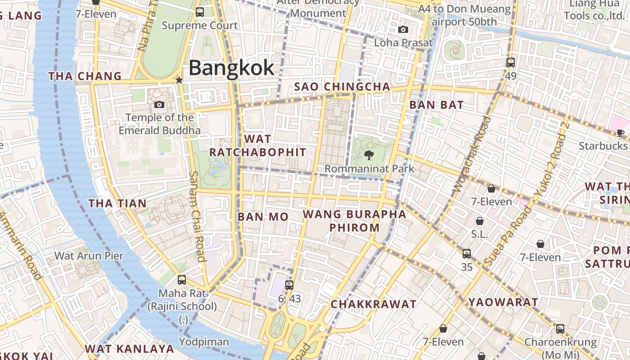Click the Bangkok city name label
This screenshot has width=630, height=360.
coord(231,68)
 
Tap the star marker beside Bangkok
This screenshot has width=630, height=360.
coord(179,80)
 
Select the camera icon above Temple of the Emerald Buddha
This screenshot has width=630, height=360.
coord(159,105)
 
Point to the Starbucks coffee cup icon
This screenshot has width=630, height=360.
coord(621,133)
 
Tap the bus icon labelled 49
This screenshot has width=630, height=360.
coord(510,63)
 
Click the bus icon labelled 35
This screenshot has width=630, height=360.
coord(467,254)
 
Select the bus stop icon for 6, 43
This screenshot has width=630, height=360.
coord(289,285)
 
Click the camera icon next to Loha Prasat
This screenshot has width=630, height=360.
coord(403,30)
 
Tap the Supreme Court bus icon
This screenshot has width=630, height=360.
coord(200,12)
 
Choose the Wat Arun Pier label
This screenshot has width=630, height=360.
coord(89,256)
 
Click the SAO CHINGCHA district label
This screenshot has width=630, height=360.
coord(342,86)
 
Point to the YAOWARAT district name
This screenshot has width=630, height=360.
coord(503,302)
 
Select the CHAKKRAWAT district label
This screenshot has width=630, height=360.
coord(373,304)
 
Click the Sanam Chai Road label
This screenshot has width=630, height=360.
coord(197,216)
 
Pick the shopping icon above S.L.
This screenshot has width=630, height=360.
coord(480,221)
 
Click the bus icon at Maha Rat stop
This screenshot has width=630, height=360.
coord(182,280)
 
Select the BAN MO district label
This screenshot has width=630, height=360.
coord(263,217)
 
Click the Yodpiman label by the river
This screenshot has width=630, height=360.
coord(204,342)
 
